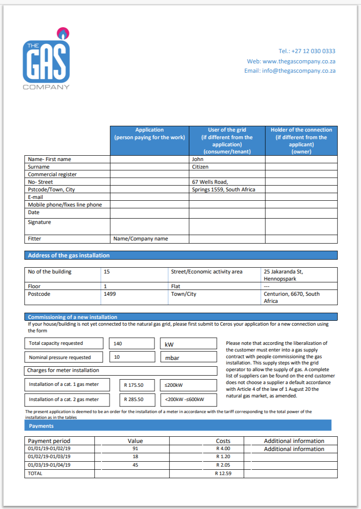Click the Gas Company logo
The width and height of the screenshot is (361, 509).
[46, 58]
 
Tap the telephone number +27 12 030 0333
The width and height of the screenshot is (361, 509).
[307, 51]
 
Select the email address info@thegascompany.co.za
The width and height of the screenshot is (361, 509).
[290, 71]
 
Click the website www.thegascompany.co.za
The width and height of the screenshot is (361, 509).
[291, 61]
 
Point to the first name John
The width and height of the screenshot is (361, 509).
[198, 159]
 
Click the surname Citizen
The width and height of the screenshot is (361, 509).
[200, 167]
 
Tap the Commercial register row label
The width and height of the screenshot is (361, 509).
[52, 174]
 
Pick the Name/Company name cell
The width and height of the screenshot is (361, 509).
[141, 239]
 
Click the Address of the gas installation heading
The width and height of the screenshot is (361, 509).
[69, 256]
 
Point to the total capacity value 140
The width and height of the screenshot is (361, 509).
[118, 344]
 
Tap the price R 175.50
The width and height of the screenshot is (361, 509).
[134, 385]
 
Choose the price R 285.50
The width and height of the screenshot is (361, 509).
[134, 400]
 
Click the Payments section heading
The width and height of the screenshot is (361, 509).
[41, 426]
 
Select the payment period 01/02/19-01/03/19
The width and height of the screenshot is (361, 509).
[49, 457]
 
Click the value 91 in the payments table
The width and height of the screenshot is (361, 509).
[135, 449]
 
